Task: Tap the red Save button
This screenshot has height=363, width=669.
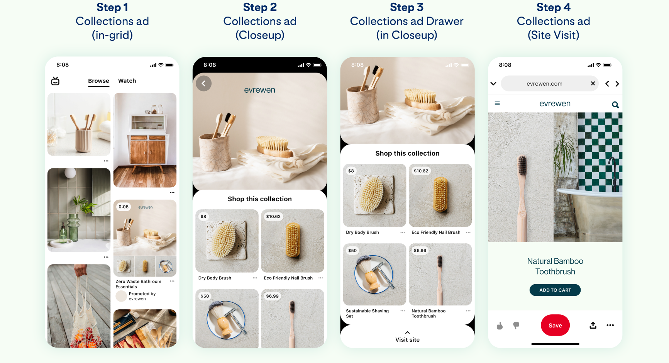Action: click(x=555, y=325)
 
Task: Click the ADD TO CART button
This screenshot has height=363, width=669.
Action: click(x=555, y=290)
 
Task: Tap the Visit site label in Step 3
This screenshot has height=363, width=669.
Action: click(x=407, y=339)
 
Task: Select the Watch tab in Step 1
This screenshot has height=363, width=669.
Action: click(x=127, y=81)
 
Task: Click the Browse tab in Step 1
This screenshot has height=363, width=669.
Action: click(x=98, y=81)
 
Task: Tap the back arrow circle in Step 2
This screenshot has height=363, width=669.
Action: click(x=203, y=83)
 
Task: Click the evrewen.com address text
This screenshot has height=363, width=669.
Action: click(x=544, y=84)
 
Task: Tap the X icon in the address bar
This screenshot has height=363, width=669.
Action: click(x=593, y=83)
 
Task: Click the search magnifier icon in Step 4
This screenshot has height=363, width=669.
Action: click(x=615, y=105)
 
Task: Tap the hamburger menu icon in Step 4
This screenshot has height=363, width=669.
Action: click(x=497, y=103)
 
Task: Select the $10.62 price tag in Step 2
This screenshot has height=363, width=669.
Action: click(x=273, y=217)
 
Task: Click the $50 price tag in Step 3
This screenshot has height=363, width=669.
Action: click(x=352, y=251)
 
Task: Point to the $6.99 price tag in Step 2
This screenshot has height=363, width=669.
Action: click(x=272, y=296)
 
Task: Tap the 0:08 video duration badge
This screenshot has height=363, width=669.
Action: click(x=124, y=207)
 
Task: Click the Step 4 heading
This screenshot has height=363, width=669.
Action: click(x=553, y=7)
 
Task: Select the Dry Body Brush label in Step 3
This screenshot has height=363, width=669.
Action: click(x=362, y=232)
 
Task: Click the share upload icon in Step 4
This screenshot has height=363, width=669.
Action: click(x=593, y=325)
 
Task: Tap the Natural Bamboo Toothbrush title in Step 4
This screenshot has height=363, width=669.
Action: click(x=555, y=266)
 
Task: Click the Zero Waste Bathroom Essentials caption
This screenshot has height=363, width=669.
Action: click(x=138, y=284)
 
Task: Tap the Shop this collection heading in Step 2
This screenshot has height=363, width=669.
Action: click(x=259, y=199)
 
